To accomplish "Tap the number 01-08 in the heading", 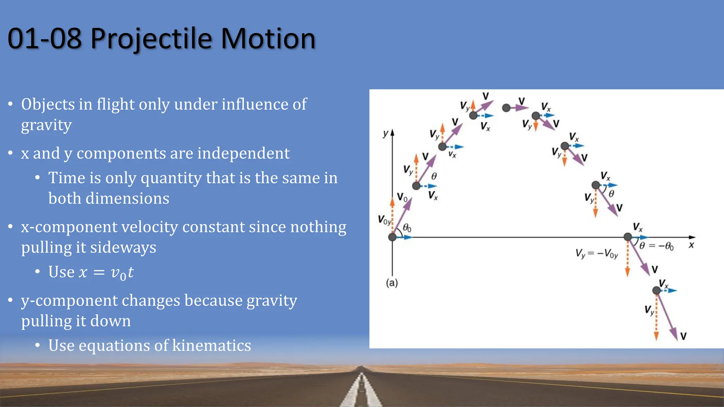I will [x=45, y=39].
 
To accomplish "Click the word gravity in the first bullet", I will [x=46, y=125].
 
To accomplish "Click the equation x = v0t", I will [x=106, y=272].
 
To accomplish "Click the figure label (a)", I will [x=392, y=283].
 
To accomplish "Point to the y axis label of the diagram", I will [x=386, y=134].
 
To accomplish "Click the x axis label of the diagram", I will [x=691, y=245].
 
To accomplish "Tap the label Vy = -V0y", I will [x=596, y=253].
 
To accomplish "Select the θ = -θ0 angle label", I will [x=656, y=246].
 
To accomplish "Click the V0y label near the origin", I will [x=384, y=220].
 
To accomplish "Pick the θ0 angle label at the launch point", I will [x=407, y=228].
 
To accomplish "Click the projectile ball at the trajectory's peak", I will [x=506, y=108].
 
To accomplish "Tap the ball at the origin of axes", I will [x=392, y=237].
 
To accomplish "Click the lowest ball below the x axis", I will [x=656, y=290].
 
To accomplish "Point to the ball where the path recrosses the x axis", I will [x=627, y=237].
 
